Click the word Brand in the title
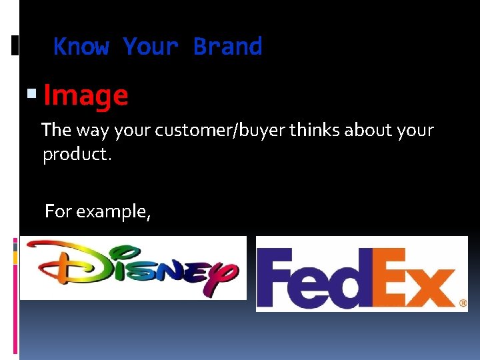227,47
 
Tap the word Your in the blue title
151,47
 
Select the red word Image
85,96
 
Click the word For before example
58,212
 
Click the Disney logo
133,267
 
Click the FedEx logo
361,273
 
